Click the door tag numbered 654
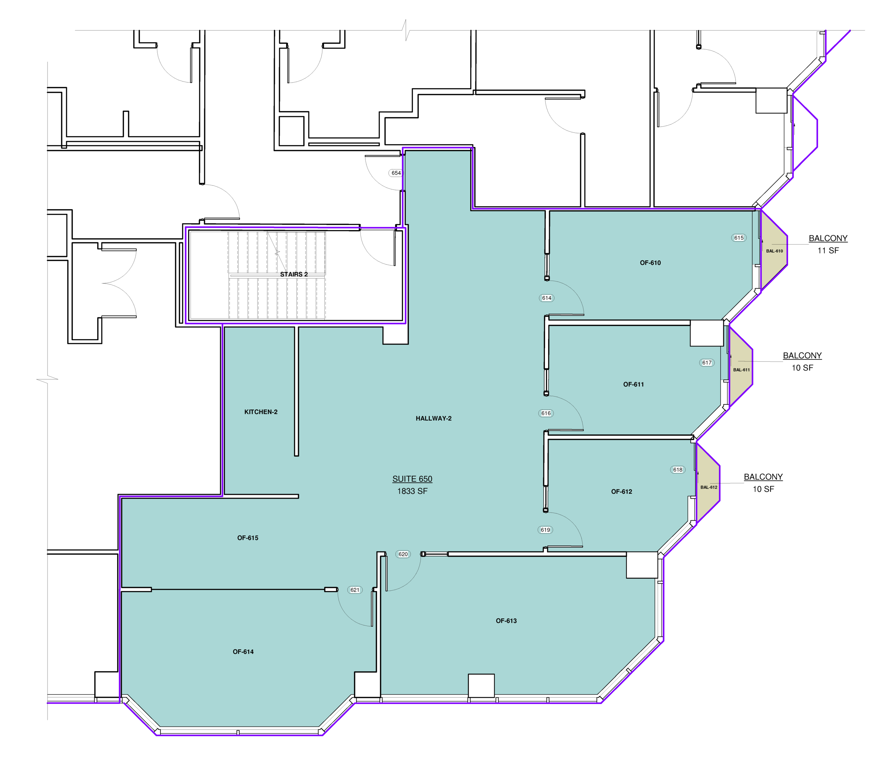tap(396, 173)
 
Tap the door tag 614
tap(546, 298)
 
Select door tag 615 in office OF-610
tap(739, 238)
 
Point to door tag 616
tap(546, 414)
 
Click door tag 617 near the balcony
tap(707, 363)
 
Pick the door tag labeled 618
tap(678, 470)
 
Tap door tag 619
tap(545, 530)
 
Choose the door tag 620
tap(403, 554)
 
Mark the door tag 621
tap(354, 590)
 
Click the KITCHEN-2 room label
tap(261, 412)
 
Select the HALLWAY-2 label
tap(434, 418)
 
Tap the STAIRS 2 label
tap(294, 274)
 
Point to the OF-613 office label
tap(506, 621)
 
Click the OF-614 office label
tap(243, 652)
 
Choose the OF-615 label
tap(248, 538)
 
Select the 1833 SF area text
tap(412, 491)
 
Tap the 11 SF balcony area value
tap(828, 251)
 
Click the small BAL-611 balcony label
tap(742, 370)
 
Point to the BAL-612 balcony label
tap(709, 487)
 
